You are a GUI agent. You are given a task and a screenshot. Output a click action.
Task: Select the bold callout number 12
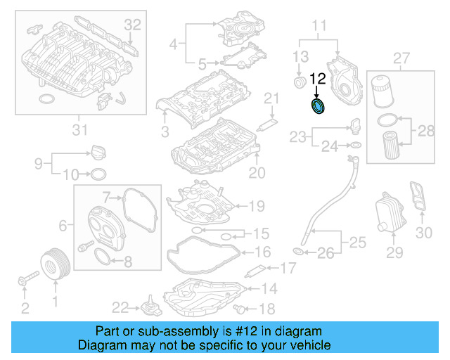(318, 79)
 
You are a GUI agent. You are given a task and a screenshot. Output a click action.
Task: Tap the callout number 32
(133, 25)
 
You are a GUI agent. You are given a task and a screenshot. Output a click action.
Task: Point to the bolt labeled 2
(24, 283)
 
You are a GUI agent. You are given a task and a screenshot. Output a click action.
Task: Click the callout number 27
(401, 57)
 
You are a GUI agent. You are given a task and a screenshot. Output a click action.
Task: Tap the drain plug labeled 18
(243, 308)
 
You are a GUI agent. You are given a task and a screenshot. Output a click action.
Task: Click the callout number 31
(79, 129)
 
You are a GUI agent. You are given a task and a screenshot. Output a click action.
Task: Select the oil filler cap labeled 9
(96, 152)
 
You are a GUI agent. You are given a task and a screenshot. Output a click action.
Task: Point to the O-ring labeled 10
(99, 174)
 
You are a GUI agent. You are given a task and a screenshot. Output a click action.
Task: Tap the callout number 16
(262, 252)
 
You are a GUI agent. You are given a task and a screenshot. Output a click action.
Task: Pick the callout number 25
(358, 243)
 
